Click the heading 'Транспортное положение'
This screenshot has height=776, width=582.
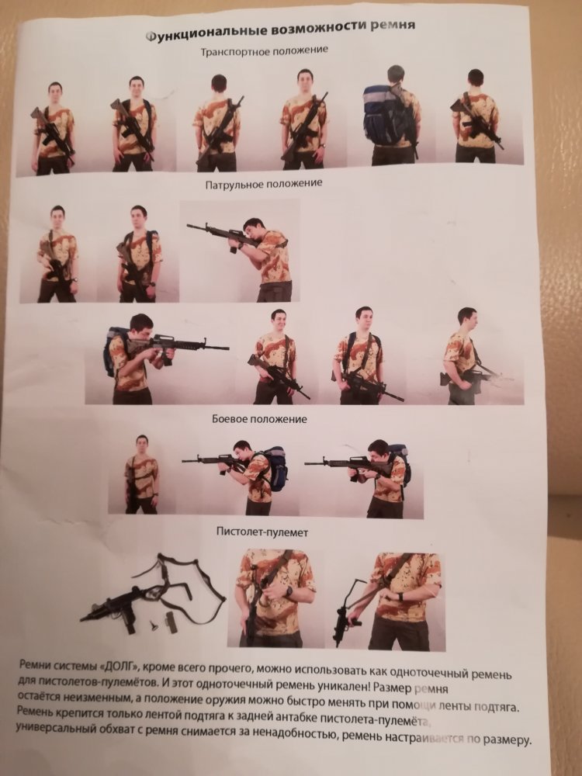265,50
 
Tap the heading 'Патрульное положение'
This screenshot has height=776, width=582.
264,184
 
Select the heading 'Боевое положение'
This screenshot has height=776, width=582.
259,419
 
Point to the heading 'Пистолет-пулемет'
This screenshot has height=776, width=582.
262,532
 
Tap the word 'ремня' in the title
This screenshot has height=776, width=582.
393,25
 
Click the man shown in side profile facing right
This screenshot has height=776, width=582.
465,356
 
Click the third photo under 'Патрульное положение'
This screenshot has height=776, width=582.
240,251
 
